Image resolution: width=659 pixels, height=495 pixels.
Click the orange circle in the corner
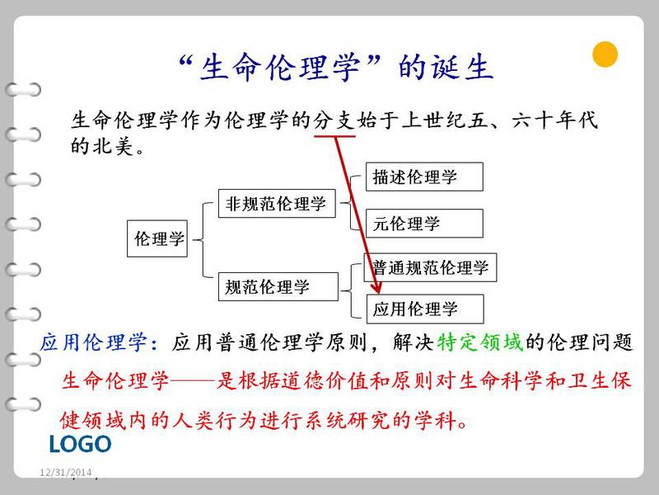point(605,54)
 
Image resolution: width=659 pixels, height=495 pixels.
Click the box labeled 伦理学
point(157,238)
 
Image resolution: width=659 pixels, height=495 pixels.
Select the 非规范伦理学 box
point(277,203)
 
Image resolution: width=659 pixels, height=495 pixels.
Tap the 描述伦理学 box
point(424,177)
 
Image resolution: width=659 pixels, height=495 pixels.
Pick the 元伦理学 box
point(424,223)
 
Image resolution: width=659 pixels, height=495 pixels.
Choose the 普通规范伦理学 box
point(430,267)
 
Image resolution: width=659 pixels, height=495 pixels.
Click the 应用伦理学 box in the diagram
point(425,309)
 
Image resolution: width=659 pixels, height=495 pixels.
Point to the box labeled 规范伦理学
point(278,286)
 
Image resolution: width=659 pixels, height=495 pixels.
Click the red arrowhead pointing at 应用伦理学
point(376,287)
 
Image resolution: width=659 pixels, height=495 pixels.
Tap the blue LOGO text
point(80,444)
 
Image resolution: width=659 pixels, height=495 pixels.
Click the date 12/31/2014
point(66,472)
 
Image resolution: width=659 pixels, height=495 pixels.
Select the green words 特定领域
point(480,342)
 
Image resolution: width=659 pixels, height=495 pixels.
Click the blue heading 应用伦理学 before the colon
point(94,342)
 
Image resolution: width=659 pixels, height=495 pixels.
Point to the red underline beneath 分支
point(335,136)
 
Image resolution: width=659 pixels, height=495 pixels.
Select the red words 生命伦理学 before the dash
point(115,380)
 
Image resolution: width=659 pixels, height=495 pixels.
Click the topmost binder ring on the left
point(23,90)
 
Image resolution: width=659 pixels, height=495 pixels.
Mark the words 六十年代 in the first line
point(554,120)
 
